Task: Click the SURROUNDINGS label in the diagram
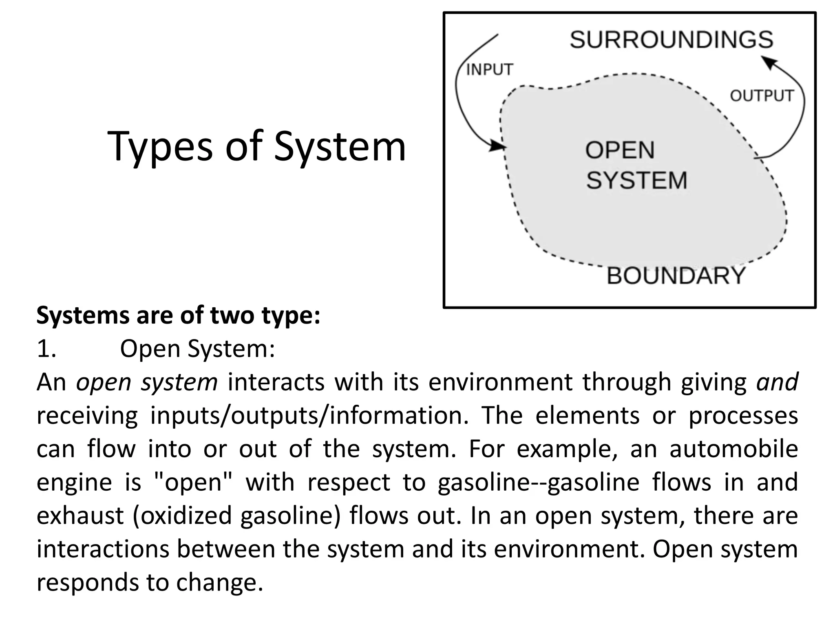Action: click(671, 40)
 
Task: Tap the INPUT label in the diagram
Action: click(489, 70)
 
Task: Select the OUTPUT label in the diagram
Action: click(762, 96)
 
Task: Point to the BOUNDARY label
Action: click(676, 276)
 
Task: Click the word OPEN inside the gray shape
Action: click(620, 150)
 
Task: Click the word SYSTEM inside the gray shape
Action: click(636, 180)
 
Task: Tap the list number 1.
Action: click(46, 349)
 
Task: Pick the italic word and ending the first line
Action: click(777, 382)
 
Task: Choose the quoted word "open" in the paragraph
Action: click(194, 483)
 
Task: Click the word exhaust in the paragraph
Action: click(80, 516)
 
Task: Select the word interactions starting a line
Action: click(103, 549)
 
